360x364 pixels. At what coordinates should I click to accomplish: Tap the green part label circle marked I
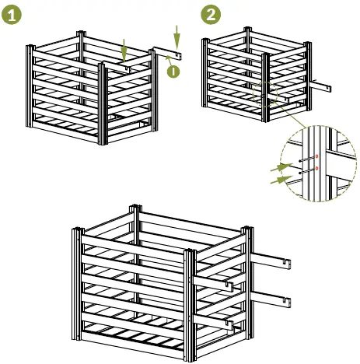[172, 72]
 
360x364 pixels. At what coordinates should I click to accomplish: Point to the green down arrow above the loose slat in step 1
[177, 36]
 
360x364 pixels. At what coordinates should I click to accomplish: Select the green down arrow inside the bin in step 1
[124, 51]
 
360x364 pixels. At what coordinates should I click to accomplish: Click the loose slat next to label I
[168, 54]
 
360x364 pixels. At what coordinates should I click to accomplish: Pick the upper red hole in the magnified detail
[317, 156]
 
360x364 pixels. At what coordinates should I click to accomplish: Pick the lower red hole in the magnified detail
[317, 168]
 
